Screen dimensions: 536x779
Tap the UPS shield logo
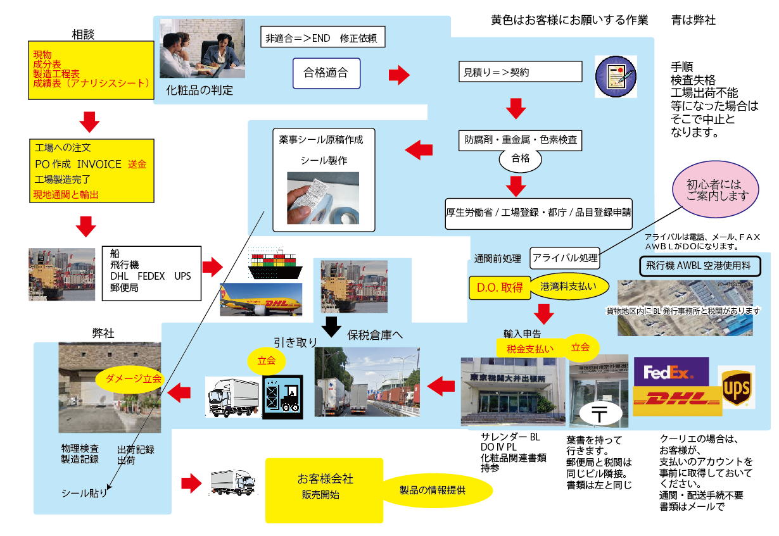click(737, 385)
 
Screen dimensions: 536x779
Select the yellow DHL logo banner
click(677, 401)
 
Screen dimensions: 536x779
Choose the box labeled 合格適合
click(326, 73)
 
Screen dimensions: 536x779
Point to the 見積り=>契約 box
click(520, 72)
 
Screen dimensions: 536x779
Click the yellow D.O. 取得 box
click(500, 287)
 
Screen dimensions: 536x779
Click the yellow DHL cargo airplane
click(260, 301)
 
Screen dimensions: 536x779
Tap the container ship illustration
click(275, 266)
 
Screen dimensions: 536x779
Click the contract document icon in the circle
click(615, 76)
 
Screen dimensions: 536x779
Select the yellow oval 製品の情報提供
click(437, 490)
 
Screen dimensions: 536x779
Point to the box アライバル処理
click(564, 258)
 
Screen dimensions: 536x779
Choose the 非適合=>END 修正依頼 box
click(322, 37)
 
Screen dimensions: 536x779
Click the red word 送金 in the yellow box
click(137, 164)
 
